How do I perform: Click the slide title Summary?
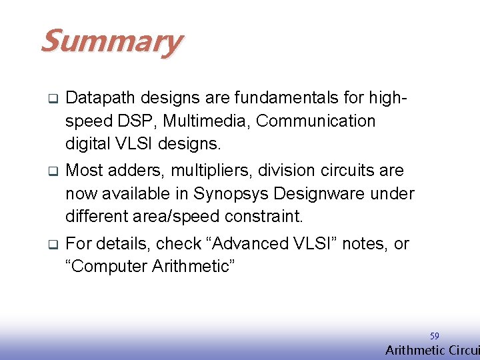pyautogui.click(x=111, y=41)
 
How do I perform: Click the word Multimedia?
pyautogui.click(x=203, y=121)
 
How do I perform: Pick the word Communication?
pyautogui.click(x=315, y=121)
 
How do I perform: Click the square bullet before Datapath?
pyautogui.click(x=51, y=99)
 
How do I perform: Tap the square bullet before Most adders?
pyautogui.click(x=51, y=171)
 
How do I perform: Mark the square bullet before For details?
pyautogui.click(x=51, y=245)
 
